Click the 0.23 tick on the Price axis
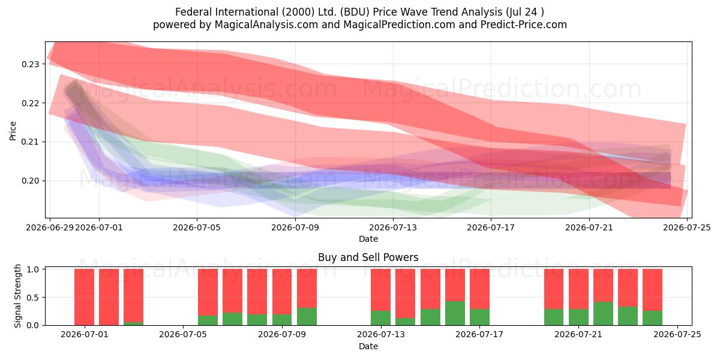[x=30, y=64]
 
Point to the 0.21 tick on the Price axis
[x=30, y=142]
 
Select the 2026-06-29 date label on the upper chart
[x=50, y=227]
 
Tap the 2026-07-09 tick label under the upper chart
[x=295, y=227]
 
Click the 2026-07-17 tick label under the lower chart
[x=479, y=334]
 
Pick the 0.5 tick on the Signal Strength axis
[x=33, y=298]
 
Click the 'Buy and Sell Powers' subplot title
[x=368, y=257]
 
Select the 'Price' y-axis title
[x=13, y=131]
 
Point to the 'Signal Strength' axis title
[x=17, y=296]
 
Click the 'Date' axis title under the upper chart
[x=368, y=239]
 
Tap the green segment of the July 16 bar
[x=455, y=313]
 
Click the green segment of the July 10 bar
[x=307, y=317]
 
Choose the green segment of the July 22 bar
[x=603, y=313]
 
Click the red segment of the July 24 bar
[x=653, y=290]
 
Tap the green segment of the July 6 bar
[x=208, y=320]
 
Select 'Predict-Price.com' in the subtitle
[x=524, y=25]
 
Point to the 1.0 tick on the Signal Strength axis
[x=33, y=269]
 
